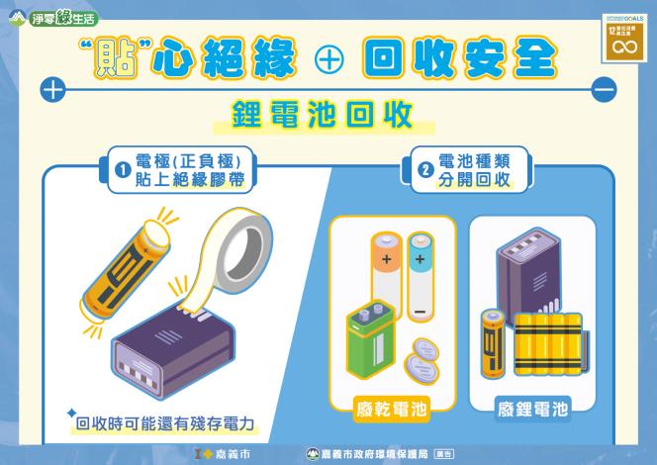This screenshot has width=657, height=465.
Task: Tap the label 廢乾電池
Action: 392,406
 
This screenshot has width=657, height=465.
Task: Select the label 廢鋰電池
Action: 531,406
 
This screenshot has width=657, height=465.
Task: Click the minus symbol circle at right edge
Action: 605,91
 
